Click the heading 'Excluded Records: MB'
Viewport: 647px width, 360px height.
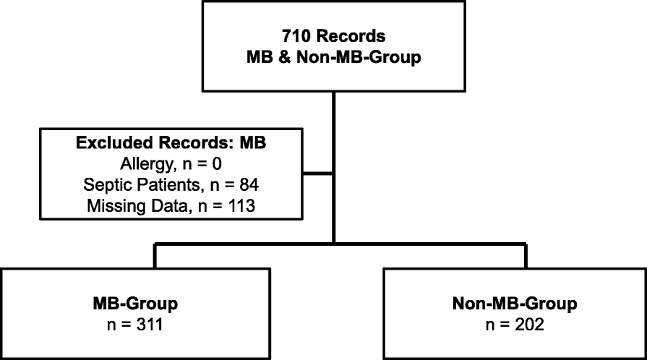click(x=171, y=142)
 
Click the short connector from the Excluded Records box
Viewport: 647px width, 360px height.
click(x=319, y=173)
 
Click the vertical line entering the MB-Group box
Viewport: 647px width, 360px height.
click(x=155, y=257)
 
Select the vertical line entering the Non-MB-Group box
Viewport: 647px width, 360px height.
click(x=526, y=257)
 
